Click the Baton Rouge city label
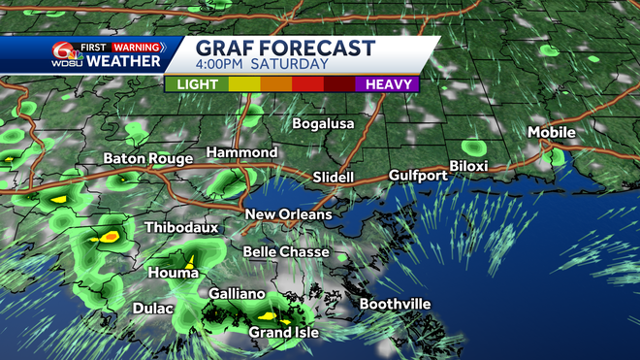click(x=147, y=159)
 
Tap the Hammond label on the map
click(x=241, y=153)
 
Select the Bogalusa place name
click(x=325, y=124)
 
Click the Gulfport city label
click(x=418, y=176)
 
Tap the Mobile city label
click(x=552, y=132)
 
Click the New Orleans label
click(x=288, y=214)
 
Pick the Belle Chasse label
click(x=286, y=252)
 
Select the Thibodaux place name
click(x=176, y=227)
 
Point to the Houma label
click(x=167, y=274)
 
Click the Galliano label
click(x=238, y=293)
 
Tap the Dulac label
click(x=153, y=309)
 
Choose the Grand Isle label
click(x=284, y=333)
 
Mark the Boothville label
click(x=395, y=305)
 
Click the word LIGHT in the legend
click(x=197, y=84)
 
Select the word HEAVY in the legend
click(x=386, y=84)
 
